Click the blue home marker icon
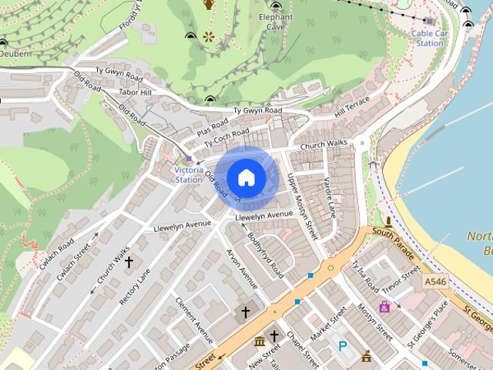pyautogui.click(x=246, y=177)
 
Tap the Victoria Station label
pyautogui.click(x=188, y=174)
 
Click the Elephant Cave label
pyautogui.click(x=275, y=21)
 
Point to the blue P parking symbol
pyautogui.click(x=342, y=347)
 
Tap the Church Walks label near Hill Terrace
pyautogui.click(x=324, y=145)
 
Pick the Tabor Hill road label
pyautogui.click(x=136, y=92)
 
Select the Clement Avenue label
pyautogui.click(x=193, y=318)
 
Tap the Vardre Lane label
pyautogui.click(x=329, y=197)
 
